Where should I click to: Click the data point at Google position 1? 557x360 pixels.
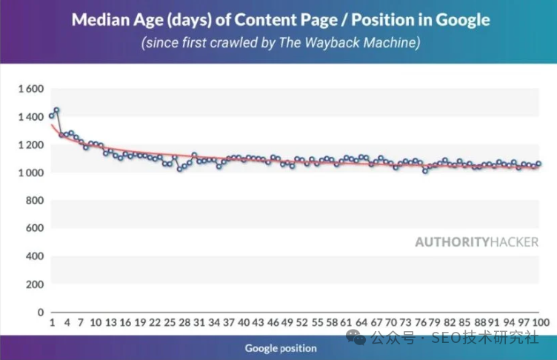coord(52,116)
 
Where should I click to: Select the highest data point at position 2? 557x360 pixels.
coord(56,110)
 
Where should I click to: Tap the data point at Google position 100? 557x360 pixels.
coord(538,164)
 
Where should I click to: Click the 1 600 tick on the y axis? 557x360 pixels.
coord(30,89)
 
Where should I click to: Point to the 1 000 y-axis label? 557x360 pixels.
coord(30,173)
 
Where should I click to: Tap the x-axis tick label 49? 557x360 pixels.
coord(287,324)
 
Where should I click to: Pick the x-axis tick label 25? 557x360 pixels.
coord(170,324)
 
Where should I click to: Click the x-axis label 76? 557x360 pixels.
coord(419,324)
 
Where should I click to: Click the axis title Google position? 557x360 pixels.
coord(281,348)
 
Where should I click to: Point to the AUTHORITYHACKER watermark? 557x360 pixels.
coord(476,241)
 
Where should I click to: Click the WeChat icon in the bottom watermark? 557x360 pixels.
coord(358,339)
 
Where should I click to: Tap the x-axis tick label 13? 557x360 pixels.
coord(110,324)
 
